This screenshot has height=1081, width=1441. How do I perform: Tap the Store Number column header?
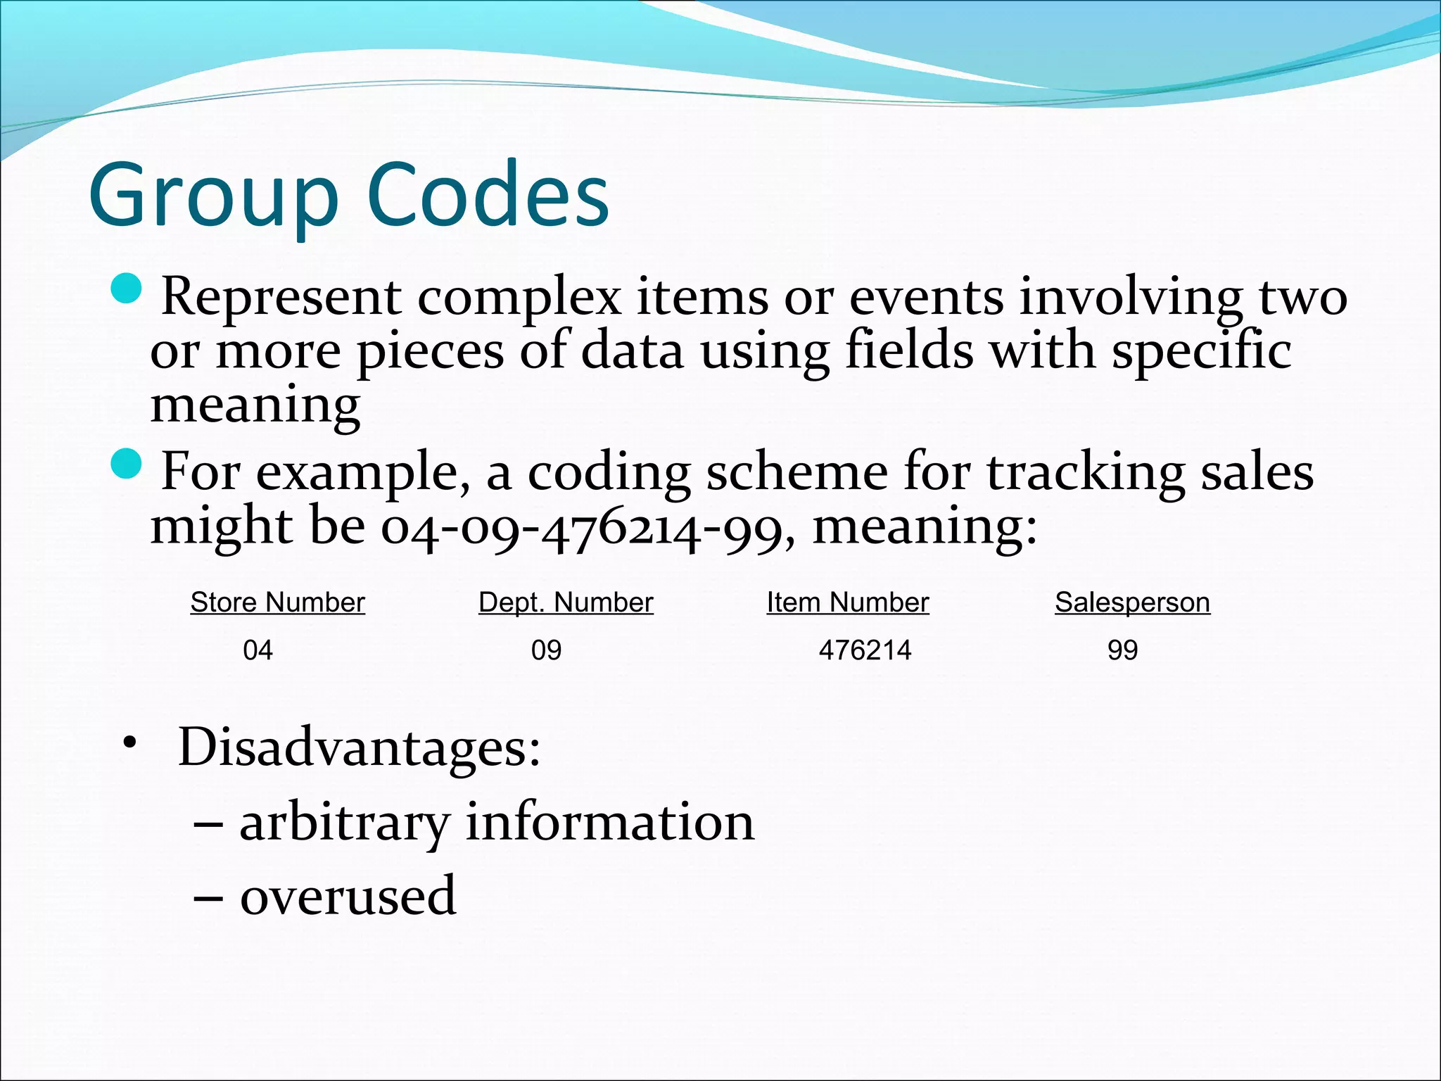pos(277,602)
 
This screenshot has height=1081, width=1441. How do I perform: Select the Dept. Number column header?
pos(566,602)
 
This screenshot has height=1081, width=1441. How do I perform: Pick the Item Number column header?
pos(847,602)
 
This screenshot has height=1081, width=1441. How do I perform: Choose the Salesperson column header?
pos(1132,602)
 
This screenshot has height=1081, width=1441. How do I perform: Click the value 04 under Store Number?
pos(258,650)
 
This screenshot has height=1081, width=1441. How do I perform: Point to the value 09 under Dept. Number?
pos(546,650)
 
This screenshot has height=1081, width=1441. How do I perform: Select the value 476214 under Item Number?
pos(865,650)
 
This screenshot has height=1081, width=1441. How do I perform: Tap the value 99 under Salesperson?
pos(1122,650)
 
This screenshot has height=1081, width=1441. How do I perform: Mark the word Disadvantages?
pos(359,747)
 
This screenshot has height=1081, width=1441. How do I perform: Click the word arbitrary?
pos(344,823)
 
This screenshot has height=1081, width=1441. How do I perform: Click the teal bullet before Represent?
pos(127,288)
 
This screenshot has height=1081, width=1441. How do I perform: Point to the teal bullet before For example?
pos(127,464)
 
